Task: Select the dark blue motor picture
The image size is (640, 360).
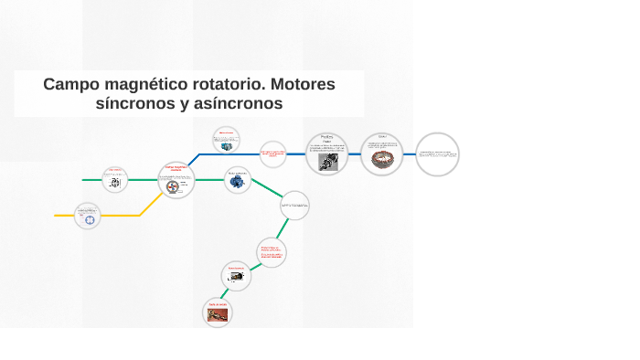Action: tap(237, 181)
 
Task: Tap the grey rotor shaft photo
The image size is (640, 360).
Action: tap(326, 161)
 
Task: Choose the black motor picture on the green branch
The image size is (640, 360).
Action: tap(235, 276)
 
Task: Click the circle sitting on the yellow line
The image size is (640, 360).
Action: tap(88, 216)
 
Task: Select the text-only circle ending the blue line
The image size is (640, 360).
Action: tap(437, 154)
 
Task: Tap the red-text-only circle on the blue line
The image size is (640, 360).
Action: tap(272, 154)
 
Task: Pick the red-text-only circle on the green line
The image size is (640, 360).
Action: tap(272, 251)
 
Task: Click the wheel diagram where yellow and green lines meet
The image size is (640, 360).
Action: tap(173, 185)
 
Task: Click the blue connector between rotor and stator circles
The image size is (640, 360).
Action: tap(354, 154)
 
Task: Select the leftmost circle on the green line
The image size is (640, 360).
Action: tap(114, 180)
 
